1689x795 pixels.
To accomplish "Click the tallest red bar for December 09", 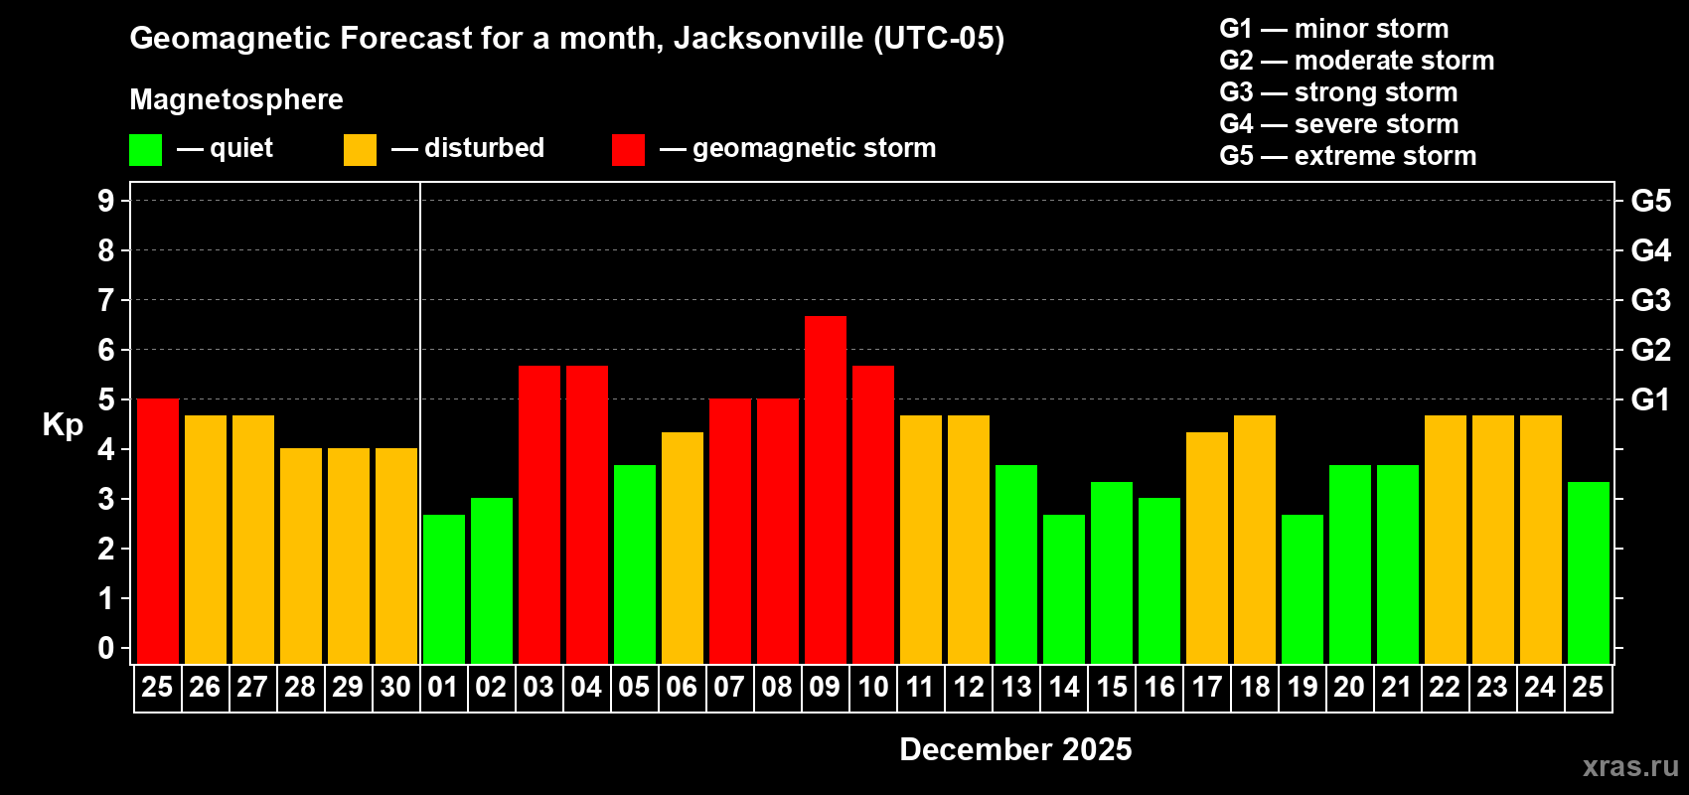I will [x=826, y=489].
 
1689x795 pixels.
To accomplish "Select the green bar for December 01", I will [x=444, y=588].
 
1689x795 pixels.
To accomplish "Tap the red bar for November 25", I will [x=158, y=531].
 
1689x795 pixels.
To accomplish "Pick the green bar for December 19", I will [x=1303, y=588].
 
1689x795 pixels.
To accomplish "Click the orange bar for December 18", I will [x=1255, y=539].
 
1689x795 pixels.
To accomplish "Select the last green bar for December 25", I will [x=1589, y=572].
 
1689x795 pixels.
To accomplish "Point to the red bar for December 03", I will [x=539, y=514].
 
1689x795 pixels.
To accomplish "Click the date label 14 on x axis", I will [x=1064, y=688].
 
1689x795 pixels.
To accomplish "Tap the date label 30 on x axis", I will [x=395, y=688].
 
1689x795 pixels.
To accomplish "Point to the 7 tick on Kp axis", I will [x=106, y=300].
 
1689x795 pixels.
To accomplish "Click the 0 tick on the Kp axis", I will [x=106, y=649].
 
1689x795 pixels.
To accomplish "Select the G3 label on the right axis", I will [x=1650, y=300].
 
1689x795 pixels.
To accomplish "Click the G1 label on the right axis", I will [x=1650, y=399].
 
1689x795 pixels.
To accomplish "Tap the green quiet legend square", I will [x=146, y=150].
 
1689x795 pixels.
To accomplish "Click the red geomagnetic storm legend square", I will [x=628, y=150].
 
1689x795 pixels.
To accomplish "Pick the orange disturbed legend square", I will [x=360, y=150].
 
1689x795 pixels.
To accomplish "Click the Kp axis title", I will [x=63, y=425].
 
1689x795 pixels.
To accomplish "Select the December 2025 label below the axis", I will [x=1015, y=749].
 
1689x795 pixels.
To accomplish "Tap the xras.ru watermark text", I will [x=1629, y=766].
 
